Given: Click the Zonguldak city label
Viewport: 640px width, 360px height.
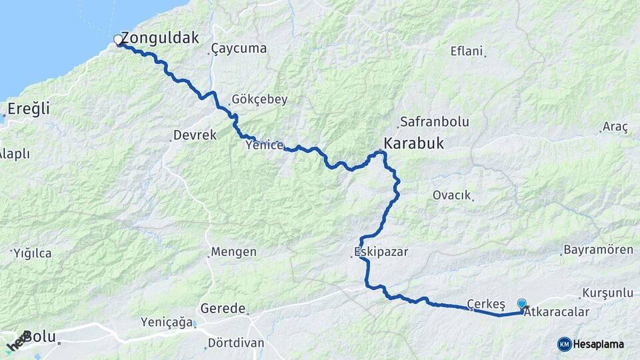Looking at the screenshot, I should (160, 38).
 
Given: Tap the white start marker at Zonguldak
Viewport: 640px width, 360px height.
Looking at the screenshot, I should (119, 40).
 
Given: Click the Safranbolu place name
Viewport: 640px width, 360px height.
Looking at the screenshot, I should (434, 122).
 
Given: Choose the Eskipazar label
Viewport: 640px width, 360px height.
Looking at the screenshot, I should (381, 252).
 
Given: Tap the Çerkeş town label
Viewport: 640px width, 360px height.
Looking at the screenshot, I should (486, 303).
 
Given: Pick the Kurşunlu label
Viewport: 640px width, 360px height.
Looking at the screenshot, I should (607, 293).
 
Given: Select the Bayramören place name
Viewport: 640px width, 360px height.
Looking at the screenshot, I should (598, 250).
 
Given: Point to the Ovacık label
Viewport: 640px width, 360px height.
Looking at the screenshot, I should (452, 195).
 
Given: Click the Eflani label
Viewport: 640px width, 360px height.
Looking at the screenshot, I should (467, 51).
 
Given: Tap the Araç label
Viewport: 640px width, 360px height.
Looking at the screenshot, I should (615, 127).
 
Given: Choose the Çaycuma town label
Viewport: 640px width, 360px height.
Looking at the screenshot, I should (239, 48).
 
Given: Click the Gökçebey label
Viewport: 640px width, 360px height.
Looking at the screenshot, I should (259, 99).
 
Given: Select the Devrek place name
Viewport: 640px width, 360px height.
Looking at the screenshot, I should (195, 135).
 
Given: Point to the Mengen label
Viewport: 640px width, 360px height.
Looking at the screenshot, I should (233, 252).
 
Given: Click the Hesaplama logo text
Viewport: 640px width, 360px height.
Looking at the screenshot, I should (599, 344).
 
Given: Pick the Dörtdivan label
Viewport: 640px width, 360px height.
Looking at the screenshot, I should (236, 343).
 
